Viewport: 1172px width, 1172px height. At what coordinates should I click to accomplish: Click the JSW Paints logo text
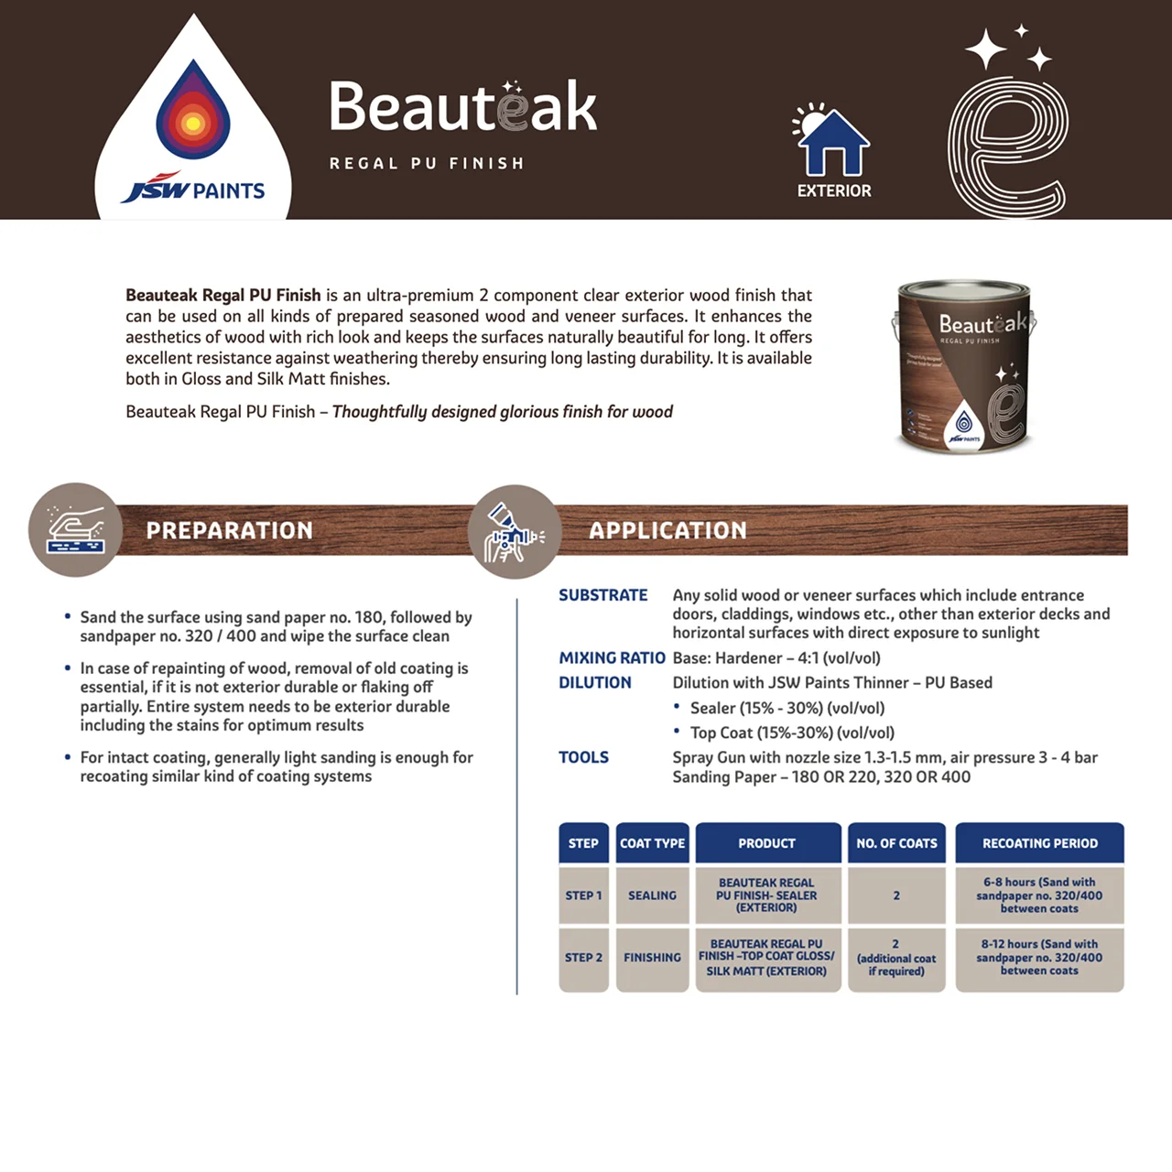pyautogui.click(x=193, y=188)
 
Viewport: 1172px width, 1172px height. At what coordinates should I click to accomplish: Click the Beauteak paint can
pyautogui.click(x=966, y=367)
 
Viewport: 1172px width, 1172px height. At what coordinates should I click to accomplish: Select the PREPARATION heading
pyautogui.click(x=229, y=530)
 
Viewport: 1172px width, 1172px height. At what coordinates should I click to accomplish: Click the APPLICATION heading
pyautogui.click(x=667, y=530)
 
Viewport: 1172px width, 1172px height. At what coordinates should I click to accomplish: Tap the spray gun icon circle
pyautogui.click(x=515, y=531)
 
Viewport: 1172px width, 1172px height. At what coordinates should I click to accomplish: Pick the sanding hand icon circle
pyautogui.click(x=75, y=530)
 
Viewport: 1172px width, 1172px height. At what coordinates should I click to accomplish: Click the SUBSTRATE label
pyautogui.click(x=602, y=595)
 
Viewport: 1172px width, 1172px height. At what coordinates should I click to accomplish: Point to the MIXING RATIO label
pyautogui.click(x=612, y=657)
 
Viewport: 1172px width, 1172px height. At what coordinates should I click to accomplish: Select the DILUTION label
pyautogui.click(x=595, y=682)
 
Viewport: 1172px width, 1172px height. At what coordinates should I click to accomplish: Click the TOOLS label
pyautogui.click(x=583, y=757)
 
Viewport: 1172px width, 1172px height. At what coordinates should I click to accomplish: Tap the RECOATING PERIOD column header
pyautogui.click(x=1039, y=843)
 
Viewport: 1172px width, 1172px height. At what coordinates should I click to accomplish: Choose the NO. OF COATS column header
pyautogui.click(x=896, y=843)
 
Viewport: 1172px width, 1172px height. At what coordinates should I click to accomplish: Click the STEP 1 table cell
pyautogui.click(x=583, y=895)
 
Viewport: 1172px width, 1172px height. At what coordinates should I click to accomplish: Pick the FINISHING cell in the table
pyautogui.click(x=652, y=958)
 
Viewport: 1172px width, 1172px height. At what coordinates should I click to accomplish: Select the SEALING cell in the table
pyautogui.click(x=652, y=895)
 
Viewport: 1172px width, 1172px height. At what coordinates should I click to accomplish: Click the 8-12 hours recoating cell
pyautogui.click(x=1039, y=958)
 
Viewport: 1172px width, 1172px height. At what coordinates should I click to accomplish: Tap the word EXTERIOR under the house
pyautogui.click(x=834, y=191)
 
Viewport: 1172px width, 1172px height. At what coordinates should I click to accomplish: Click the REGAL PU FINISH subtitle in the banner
pyautogui.click(x=427, y=163)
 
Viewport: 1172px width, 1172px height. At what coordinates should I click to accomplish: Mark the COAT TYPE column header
pyautogui.click(x=652, y=843)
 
